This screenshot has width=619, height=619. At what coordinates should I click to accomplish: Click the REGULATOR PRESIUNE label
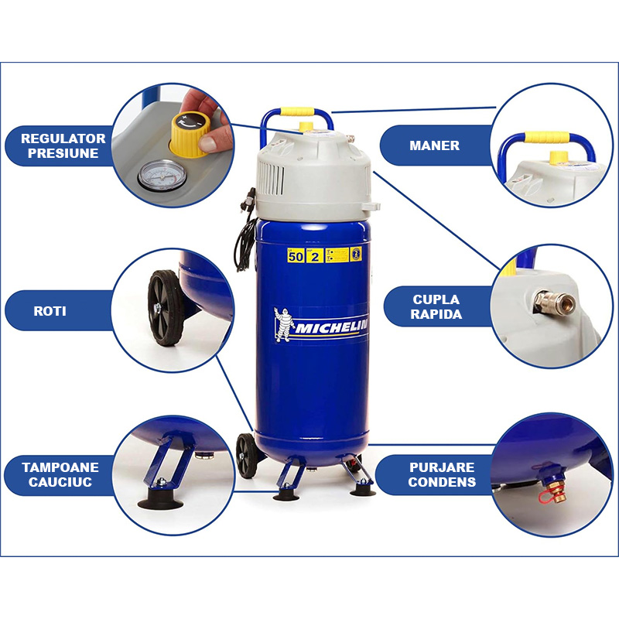pos(63,145)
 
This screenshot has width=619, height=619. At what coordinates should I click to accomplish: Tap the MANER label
pos(434,145)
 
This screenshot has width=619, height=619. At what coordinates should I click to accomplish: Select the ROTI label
pos(50,311)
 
